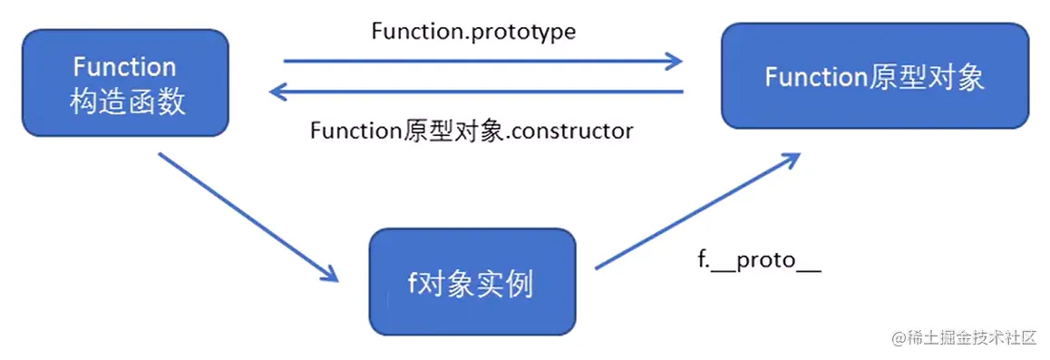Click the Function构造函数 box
point(124,83)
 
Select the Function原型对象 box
point(874,76)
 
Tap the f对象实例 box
point(472,283)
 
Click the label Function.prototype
point(473,31)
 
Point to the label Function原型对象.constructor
point(472,131)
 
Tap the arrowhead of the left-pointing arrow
point(279,92)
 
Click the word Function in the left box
point(124,67)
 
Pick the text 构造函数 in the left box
point(128,101)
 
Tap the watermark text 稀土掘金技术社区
point(975,338)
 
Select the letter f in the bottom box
point(412,283)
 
